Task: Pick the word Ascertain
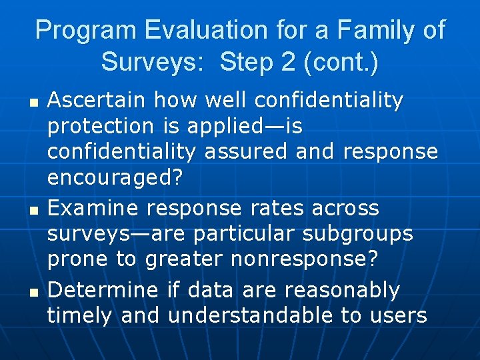pyautogui.click(x=97, y=101)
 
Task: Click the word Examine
pyautogui.click(x=94, y=208)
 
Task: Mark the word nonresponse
pyautogui.click(x=305, y=259)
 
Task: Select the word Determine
pyautogui.click(x=103, y=290)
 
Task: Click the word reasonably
pyautogui.click(x=342, y=291)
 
